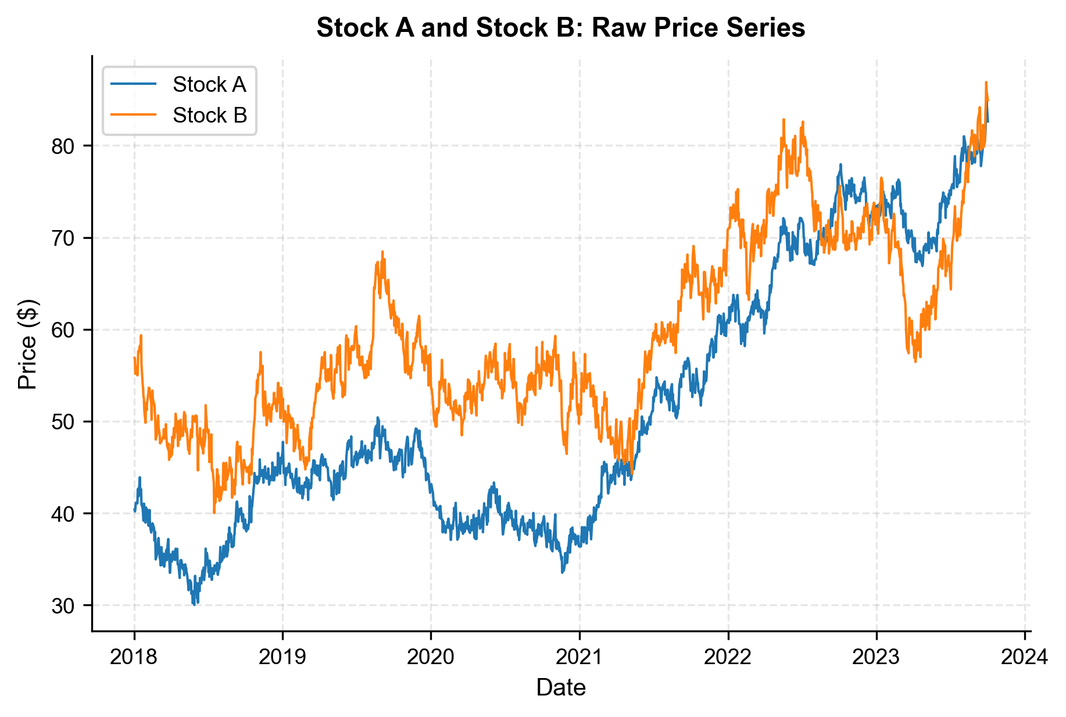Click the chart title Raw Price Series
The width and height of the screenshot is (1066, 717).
click(x=560, y=28)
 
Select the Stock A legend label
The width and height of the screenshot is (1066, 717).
click(x=209, y=85)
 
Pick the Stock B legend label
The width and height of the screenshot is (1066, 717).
click(x=210, y=116)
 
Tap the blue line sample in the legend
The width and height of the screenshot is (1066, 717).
click(x=134, y=85)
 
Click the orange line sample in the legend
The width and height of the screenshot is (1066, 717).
click(x=134, y=116)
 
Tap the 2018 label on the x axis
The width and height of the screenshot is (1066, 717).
click(x=134, y=657)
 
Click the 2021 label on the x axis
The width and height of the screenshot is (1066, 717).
click(x=579, y=657)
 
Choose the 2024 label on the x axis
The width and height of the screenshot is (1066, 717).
click(x=1025, y=657)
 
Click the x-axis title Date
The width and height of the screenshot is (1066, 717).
click(x=560, y=688)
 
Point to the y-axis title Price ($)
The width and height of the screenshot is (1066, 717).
click(x=27, y=344)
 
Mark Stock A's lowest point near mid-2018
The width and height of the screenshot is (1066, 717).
click(x=194, y=604)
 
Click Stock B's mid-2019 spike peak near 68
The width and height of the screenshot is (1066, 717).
click(x=382, y=252)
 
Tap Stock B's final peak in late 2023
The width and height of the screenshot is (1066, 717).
click(x=986, y=83)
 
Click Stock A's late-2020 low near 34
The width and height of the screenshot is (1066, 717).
click(x=562, y=572)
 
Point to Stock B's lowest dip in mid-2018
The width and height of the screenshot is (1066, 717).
click(x=214, y=512)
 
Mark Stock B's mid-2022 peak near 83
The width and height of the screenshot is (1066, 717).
click(x=784, y=120)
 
